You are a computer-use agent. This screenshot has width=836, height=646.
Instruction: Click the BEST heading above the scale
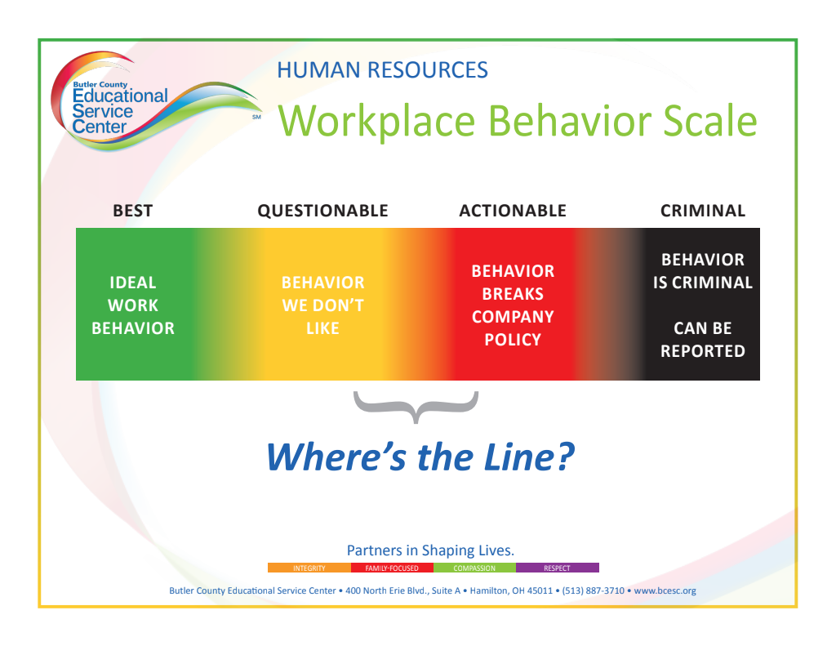coord(133,211)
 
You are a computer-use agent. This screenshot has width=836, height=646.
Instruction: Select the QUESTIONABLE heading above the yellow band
coord(322,211)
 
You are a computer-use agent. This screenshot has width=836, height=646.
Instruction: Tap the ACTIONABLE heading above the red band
coord(513,211)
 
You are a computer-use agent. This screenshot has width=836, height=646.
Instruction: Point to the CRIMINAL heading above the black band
coord(703,211)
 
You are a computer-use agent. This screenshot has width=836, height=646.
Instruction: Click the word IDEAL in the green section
coord(133,283)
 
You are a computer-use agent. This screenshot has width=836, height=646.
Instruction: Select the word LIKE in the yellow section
coord(322,328)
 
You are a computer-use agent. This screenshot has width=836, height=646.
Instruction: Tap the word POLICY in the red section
coord(513,339)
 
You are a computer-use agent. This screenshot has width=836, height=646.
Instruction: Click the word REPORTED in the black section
coord(703,351)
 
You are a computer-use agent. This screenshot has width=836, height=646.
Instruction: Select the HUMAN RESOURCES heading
coord(382,70)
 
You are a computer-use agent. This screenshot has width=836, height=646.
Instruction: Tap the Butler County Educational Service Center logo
coord(154,101)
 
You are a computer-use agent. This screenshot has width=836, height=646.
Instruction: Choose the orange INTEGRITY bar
coord(309,568)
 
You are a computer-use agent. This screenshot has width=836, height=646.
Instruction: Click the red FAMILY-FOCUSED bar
coord(392,568)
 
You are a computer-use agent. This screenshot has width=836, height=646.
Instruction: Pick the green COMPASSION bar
coord(474,568)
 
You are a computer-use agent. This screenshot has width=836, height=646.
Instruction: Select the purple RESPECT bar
coord(557,568)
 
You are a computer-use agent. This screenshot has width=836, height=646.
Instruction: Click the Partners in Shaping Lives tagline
coord(430,550)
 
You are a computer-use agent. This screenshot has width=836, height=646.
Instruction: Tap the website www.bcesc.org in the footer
coord(665,591)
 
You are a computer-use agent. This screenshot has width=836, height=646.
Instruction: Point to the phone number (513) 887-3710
coord(593,591)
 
